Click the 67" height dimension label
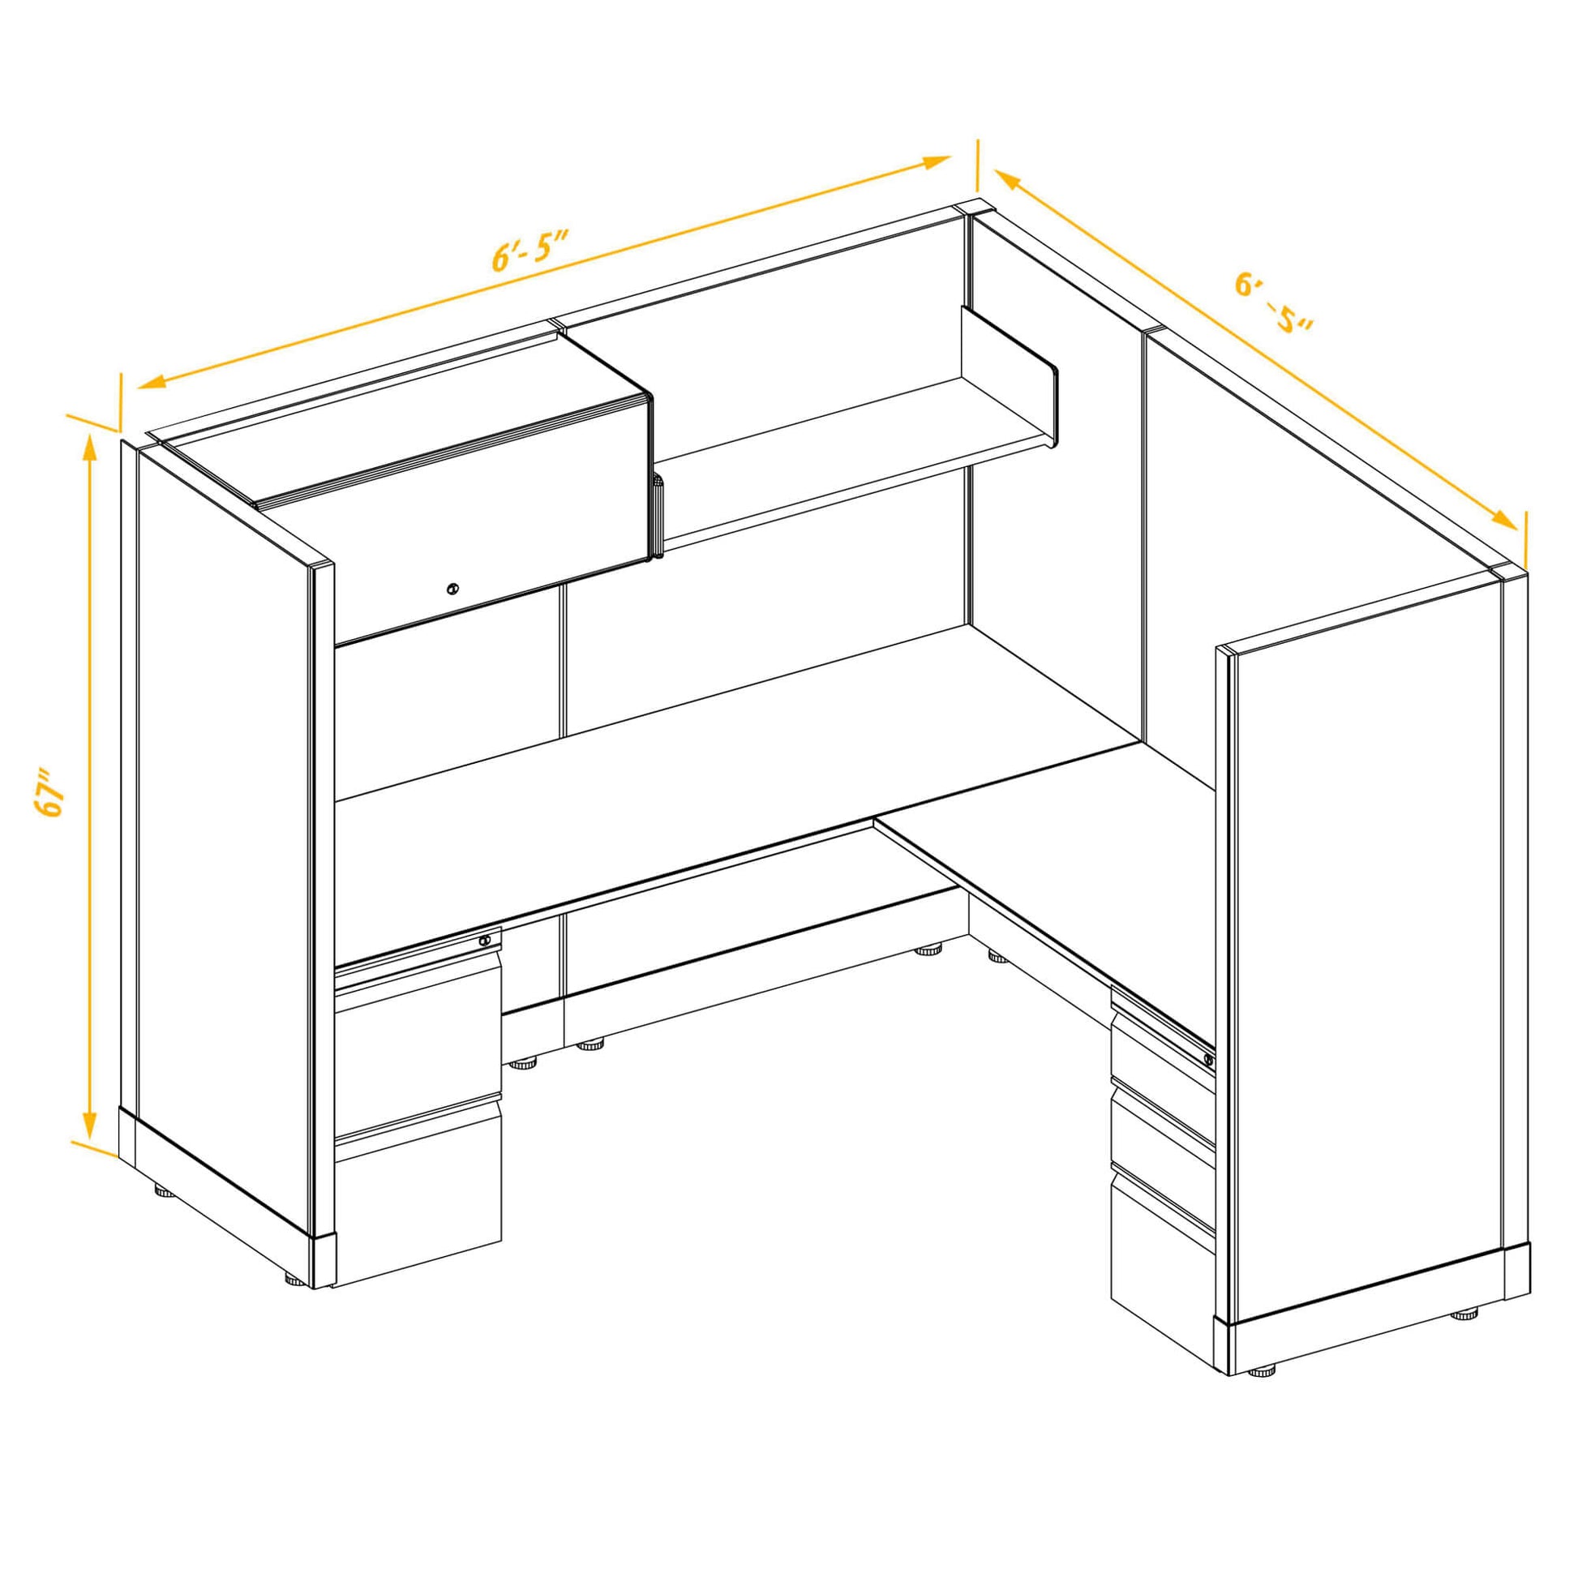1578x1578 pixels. (49, 791)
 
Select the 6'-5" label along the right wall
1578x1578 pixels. (1274, 303)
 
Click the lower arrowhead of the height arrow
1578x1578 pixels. (89, 1126)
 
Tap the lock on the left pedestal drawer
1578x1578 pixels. (485, 940)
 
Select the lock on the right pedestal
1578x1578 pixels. (1208, 1060)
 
